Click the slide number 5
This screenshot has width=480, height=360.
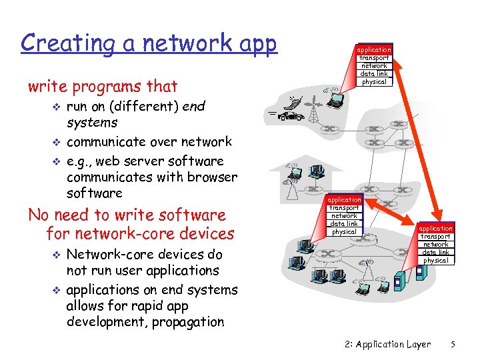[453, 345]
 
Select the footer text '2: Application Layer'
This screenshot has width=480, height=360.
[384, 345]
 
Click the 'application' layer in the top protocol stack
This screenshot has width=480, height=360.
[374, 50]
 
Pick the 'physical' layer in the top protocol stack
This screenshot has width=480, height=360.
[374, 82]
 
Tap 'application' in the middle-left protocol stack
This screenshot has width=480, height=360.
[345, 200]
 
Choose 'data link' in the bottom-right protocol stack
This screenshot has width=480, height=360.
[436, 253]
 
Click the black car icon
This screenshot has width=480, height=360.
[291, 116]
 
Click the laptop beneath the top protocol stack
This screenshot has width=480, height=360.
[336, 100]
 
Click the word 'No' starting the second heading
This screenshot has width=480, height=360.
[39, 215]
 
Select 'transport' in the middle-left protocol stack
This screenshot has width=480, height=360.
[345, 208]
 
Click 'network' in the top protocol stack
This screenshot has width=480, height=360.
[374, 66]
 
